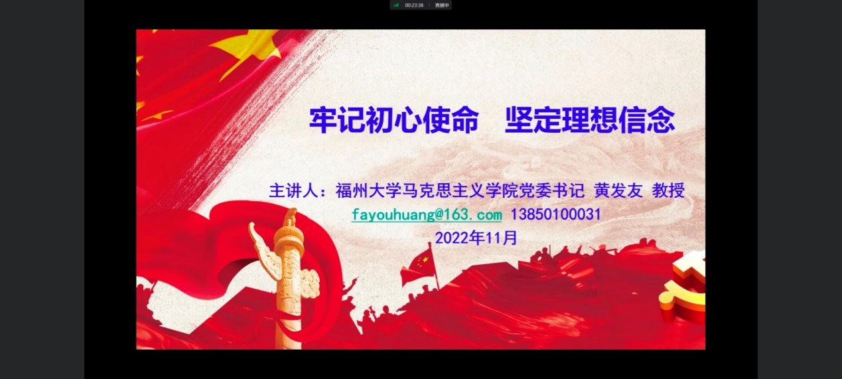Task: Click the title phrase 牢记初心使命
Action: tap(394, 120)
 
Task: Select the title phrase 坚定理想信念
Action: tap(590, 120)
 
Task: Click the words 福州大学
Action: tap(368, 190)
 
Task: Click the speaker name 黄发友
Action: tap(618, 190)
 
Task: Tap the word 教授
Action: tap(668, 190)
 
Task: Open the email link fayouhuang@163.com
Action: tap(427, 214)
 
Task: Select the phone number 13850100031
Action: tap(555, 214)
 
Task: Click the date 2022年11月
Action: tap(476, 238)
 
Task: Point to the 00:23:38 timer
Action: tap(414, 5)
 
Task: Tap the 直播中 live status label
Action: tap(442, 5)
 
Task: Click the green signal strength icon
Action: tap(396, 5)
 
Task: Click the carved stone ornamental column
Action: tap(289, 278)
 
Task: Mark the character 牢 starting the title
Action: tap(323, 120)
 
